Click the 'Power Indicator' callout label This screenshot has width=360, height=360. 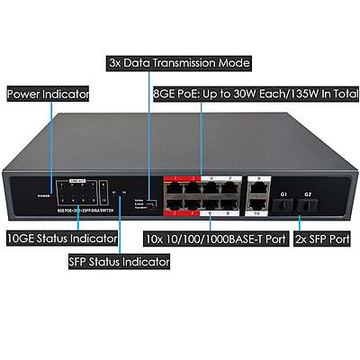coord(47,93)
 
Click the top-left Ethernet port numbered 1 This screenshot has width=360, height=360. coord(170,190)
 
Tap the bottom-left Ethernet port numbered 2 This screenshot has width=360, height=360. coord(170,205)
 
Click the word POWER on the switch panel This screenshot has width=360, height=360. coord(42,194)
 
